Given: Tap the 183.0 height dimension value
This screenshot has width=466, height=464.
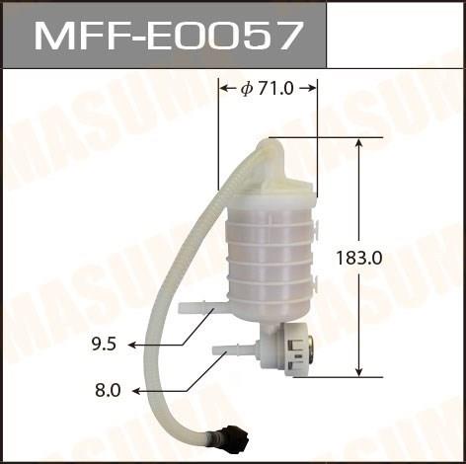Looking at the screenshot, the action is tap(359, 258).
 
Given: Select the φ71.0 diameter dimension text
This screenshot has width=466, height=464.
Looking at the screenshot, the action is tap(267, 88).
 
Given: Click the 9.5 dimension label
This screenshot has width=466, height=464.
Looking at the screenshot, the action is tap(104, 345).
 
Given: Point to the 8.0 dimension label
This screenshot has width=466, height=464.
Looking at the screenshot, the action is tap(108, 391).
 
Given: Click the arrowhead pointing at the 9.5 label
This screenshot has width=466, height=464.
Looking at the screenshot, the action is tap(132, 345).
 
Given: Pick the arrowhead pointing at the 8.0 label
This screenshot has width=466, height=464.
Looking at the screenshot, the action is tap(136, 391).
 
